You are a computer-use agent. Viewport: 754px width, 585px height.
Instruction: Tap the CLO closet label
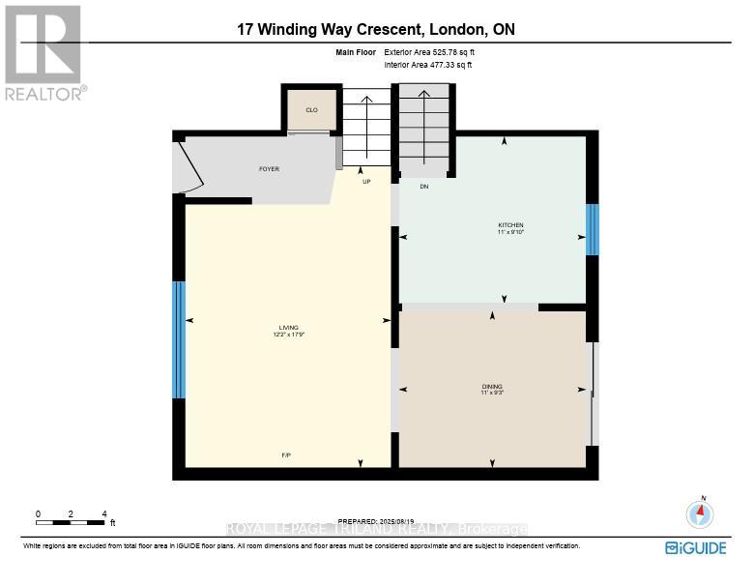[311, 110]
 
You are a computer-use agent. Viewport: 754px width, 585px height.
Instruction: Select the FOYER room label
[269, 169]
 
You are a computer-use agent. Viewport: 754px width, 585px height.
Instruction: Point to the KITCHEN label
[509, 225]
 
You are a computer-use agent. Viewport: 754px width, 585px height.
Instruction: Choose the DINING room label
[492, 387]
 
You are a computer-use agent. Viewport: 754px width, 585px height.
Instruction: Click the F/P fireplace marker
[286, 454]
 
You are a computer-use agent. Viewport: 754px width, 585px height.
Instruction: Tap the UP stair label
[366, 182]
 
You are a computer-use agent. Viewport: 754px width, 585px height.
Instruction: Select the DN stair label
[423, 187]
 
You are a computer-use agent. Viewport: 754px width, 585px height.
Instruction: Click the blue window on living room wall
[178, 339]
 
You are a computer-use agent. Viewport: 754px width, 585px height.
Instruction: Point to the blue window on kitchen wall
[592, 230]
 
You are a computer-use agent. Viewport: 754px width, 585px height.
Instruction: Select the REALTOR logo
[43, 53]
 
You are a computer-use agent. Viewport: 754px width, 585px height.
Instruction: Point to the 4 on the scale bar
[103, 513]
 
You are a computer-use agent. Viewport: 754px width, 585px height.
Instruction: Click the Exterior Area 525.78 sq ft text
[431, 52]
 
